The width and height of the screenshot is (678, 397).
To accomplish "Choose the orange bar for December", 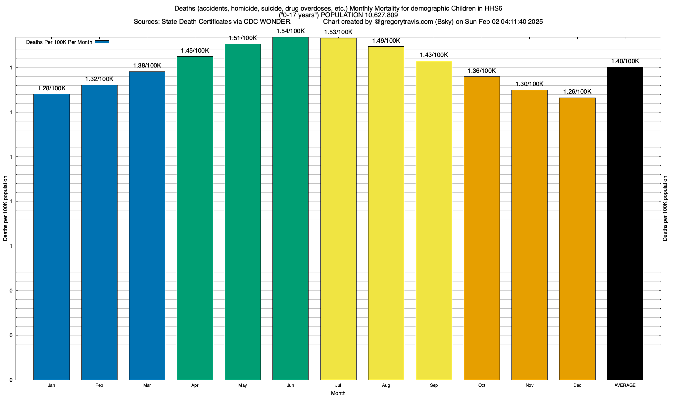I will (x=577, y=239).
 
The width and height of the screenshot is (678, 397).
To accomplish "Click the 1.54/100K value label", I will (x=290, y=31).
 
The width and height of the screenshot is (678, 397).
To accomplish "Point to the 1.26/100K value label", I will (x=577, y=92).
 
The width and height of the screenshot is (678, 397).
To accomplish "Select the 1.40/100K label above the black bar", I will (x=625, y=61).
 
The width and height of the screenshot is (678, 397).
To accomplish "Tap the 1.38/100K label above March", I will (x=147, y=66).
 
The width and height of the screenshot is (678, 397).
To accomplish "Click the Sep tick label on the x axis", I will (x=434, y=385).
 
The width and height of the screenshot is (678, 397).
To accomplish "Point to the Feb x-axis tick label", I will (x=99, y=385).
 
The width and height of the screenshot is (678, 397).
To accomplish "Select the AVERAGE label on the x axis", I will (x=625, y=385).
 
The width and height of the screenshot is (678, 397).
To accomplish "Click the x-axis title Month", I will (x=338, y=393).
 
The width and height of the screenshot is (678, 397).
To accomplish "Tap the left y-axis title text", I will (x=5, y=208).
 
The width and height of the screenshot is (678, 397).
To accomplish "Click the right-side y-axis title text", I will (x=665, y=208).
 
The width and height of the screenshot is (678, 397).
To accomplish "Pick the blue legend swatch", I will (x=102, y=42).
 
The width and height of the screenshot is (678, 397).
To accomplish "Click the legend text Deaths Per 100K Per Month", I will (x=59, y=42).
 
